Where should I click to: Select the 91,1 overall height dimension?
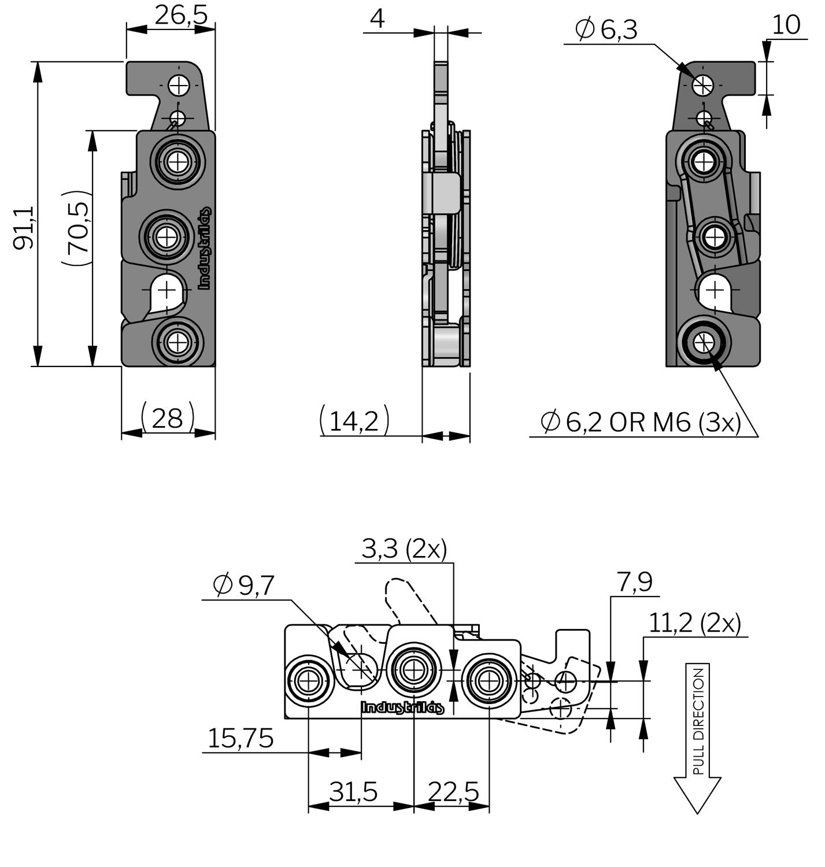pyautogui.click(x=24, y=228)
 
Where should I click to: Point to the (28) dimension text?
pyautogui.click(x=168, y=417)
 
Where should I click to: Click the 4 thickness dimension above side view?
pyautogui.click(x=377, y=18)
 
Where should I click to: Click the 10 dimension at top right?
pyautogui.click(x=786, y=24)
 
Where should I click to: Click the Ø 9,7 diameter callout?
pyautogui.click(x=243, y=586)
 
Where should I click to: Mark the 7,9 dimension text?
pyautogui.click(x=635, y=581)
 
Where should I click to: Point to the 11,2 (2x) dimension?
pyautogui.click(x=694, y=623)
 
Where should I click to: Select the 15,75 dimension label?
pyautogui.click(x=241, y=739)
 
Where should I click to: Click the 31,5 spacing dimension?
pyautogui.click(x=353, y=791)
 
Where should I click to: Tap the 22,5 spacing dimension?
pyautogui.click(x=453, y=791)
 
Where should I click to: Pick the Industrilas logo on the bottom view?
pyautogui.click(x=402, y=707)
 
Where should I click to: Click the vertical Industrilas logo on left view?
pyautogui.click(x=205, y=248)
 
